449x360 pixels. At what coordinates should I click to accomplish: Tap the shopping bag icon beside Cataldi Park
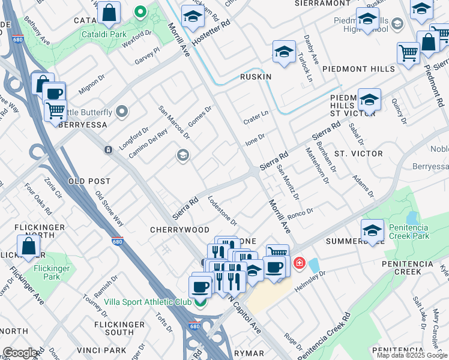[109, 13]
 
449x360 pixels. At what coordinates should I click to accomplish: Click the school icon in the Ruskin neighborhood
[284, 52]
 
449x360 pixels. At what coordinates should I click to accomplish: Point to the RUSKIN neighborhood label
[256, 77]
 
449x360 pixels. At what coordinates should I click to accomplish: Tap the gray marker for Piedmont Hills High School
[397, 24]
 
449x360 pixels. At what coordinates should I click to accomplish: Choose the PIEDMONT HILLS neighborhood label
[358, 69]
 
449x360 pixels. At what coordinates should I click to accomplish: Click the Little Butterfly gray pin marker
[123, 112]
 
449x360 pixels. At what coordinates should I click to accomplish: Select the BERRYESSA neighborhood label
[83, 124]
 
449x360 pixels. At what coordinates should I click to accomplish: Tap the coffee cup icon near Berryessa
[54, 94]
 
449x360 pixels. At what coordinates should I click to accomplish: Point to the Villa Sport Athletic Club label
[148, 302]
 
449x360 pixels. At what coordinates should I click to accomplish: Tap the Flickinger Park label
[52, 273]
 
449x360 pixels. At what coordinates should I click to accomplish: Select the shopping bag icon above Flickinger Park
[29, 246]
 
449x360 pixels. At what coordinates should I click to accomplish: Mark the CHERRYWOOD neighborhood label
[179, 230]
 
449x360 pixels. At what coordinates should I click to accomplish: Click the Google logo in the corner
[19, 353]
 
